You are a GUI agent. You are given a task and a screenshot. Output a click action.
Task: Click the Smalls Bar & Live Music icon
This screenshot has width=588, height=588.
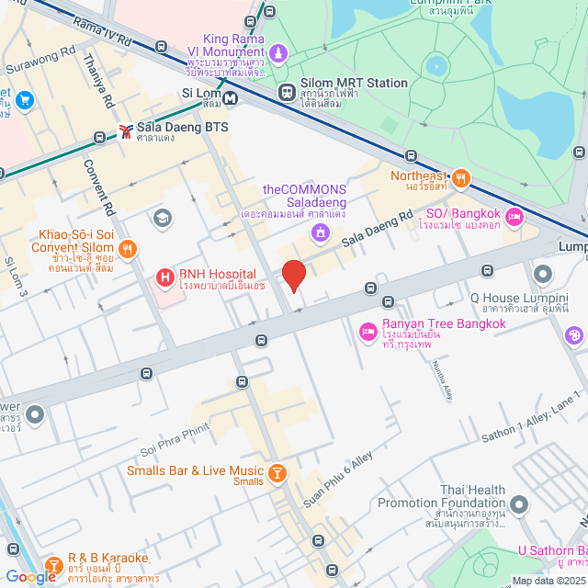pyautogui.click(x=277, y=473)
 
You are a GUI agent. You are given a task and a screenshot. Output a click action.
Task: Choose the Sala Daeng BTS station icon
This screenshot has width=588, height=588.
pyautogui.click(x=125, y=132)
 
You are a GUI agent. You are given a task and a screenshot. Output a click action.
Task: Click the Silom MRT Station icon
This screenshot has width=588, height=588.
pyautogui.click(x=287, y=92)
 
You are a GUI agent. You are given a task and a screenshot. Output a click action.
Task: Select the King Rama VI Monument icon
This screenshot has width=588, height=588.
pyautogui.click(x=277, y=52)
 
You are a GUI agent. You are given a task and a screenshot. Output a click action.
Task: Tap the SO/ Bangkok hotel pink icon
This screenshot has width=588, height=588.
pyautogui.click(x=514, y=217)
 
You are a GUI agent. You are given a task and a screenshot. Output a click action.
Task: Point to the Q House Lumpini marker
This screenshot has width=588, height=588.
pyautogui.click(x=541, y=274)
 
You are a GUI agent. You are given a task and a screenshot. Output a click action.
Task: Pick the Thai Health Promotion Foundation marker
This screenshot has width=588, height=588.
pyautogui.click(x=520, y=504)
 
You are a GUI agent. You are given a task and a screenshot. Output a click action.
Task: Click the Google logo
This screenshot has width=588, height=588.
pyautogui.click(x=30, y=576)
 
